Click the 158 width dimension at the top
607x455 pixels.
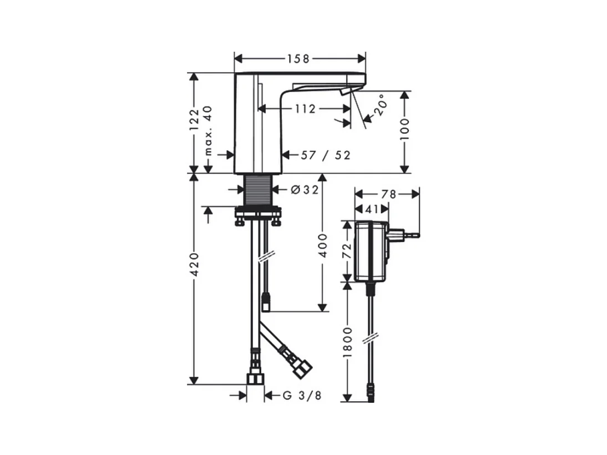[299, 58]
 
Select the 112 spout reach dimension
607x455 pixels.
[306, 109]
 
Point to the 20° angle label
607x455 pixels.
[381, 104]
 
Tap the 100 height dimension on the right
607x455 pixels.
[404, 129]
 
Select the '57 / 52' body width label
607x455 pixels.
[326, 155]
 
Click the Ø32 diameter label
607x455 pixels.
[305, 190]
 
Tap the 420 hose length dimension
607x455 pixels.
[194, 265]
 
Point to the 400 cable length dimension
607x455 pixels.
[322, 245]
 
